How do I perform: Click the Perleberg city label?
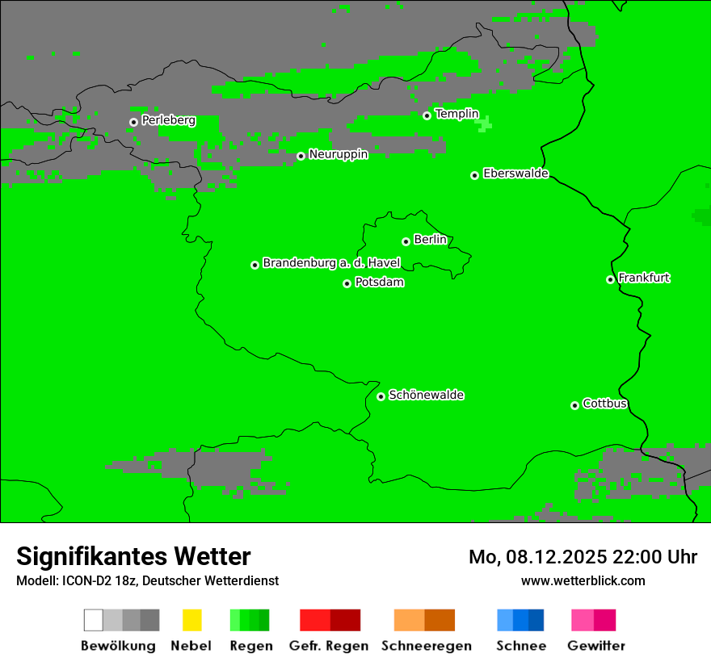[168, 120]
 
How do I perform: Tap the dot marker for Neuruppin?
[301, 156]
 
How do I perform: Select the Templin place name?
[456, 114]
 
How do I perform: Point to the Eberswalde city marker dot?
[475, 175]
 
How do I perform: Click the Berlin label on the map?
[430, 240]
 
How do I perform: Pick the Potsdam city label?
[379, 283]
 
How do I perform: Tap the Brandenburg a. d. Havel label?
[331, 263]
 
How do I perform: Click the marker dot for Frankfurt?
[611, 280]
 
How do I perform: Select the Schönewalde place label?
[426, 395]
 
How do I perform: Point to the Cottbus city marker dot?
[575, 405]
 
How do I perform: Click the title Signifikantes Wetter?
[133, 556]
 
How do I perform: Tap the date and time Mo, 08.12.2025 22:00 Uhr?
[583, 557]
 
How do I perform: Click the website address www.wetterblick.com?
[583, 580]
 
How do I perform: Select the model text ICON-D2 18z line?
[147, 580]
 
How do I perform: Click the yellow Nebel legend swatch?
[191, 620]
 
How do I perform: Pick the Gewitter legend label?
[595, 646]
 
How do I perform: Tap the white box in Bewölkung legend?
[94, 620]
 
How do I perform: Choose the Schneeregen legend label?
[426, 646]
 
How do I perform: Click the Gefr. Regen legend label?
[329, 646]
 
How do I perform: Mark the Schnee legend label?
[520, 646]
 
